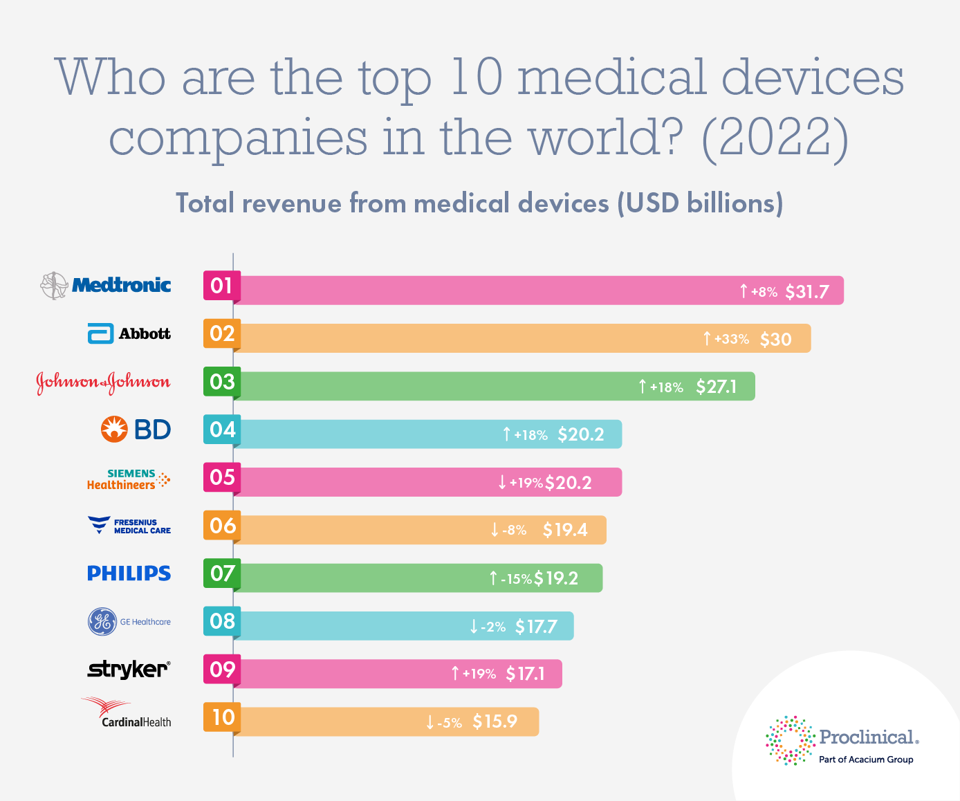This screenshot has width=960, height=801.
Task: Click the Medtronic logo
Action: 106,285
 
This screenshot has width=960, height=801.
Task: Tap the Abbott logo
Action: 129,333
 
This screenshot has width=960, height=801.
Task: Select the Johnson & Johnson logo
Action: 103,382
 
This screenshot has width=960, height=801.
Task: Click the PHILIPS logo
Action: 129,573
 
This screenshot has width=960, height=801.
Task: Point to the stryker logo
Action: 129,669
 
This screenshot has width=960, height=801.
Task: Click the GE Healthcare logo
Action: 129,621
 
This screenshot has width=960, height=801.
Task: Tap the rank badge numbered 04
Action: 222,430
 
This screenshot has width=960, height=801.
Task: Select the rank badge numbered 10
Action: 222,717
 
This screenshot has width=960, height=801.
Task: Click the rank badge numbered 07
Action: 222,573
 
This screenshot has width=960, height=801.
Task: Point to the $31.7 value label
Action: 806,291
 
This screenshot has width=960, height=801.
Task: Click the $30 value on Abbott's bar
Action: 775,339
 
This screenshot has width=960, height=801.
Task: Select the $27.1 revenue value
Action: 716,387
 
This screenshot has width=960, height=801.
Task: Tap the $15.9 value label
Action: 495,721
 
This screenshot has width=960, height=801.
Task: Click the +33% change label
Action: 732,339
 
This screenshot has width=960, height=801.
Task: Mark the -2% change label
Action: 493,627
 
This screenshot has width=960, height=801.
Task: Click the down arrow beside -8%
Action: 495,531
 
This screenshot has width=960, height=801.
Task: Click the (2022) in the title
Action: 775,137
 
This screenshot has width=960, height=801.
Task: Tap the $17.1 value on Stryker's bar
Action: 525,674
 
